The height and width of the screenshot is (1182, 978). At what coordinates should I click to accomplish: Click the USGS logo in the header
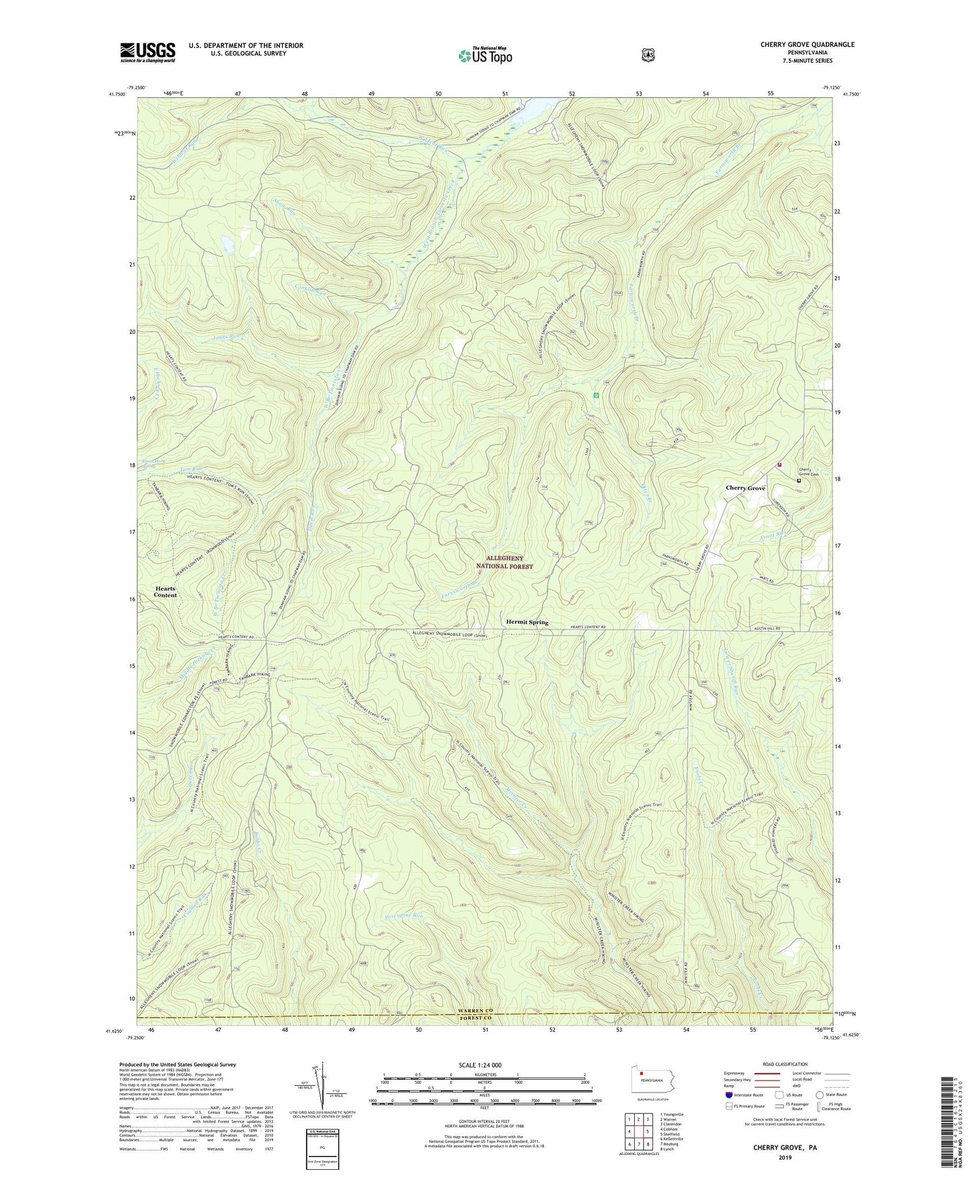point(148,52)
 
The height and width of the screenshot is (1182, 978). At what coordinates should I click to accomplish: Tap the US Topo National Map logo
point(485,55)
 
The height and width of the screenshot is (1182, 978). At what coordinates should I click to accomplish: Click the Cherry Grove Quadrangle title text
point(807,45)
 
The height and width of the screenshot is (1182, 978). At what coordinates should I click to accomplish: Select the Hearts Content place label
point(165,592)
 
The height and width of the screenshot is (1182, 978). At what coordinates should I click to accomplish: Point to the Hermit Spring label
point(527,622)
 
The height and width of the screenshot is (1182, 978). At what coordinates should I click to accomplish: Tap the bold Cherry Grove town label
point(745,488)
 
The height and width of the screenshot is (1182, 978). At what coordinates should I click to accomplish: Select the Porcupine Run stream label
point(399,916)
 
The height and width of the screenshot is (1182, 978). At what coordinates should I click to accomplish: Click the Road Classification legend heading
point(785,1064)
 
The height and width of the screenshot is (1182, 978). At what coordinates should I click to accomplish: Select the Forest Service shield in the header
point(648,55)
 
